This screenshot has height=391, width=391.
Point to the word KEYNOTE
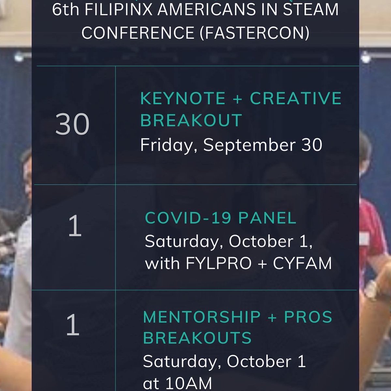coord(183,99)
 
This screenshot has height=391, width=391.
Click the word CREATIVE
coord(296,99)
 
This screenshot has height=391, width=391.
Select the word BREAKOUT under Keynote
coord(191,120)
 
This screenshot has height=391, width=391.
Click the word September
coord(249,145)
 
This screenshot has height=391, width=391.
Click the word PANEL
coord(267,218)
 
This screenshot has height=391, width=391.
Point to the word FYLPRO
coord(219,263)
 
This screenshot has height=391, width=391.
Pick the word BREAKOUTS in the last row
coord(197,338)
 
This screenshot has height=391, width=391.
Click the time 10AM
coord(189,383)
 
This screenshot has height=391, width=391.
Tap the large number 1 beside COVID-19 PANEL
coord(75,227)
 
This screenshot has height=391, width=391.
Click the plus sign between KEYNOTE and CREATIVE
coord(238,99)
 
